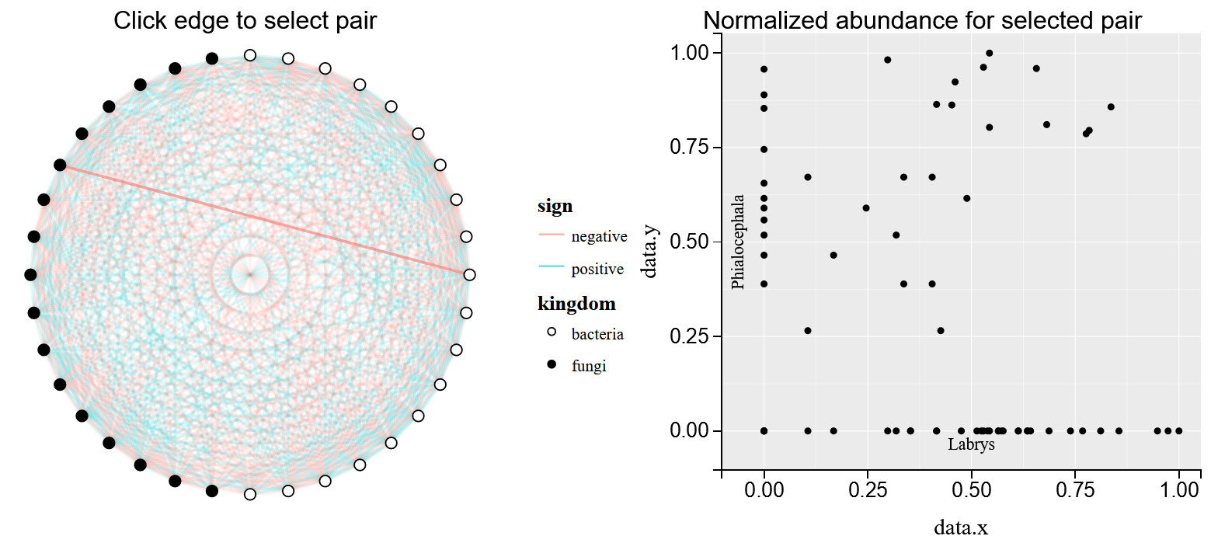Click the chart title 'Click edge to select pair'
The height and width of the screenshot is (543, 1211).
pyautogui.click(x=245, y=21)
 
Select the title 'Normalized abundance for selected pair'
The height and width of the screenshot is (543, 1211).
pyautogui.click(x=922, y=21)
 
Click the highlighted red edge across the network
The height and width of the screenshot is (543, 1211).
pyautogui.click(x=264, y=220)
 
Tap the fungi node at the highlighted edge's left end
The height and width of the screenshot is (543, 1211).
pyautogui.click(x=60, y=165)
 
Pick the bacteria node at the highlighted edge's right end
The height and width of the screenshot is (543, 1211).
pyautogui.click(x=469, y=274)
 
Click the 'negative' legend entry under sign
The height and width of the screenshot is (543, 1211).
pyautogui.click(x=598, y=236)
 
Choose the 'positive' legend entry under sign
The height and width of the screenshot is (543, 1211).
pyautogui.click(x=597, y=270)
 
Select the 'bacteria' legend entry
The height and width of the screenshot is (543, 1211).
pyautogui.click(x=597, y=334)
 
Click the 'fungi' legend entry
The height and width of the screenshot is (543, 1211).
pyautogui.click(x=588, y=366)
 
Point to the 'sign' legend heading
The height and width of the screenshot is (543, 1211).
pyautogui.click(x=555, y=207)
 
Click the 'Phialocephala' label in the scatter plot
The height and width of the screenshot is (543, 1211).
pyautogui.click(x=738, y=242)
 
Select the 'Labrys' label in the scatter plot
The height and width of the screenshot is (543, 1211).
pyautogui.click(x=971, y=445)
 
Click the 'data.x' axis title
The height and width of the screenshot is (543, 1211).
pyautogui.click(x=961, y=528)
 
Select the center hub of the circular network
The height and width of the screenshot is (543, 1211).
pyautogui.click(x=249, y=274)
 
